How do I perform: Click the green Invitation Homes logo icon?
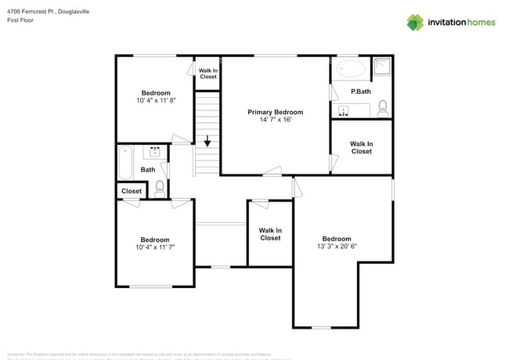pos(415,22)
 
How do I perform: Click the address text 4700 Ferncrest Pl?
pos(35,11)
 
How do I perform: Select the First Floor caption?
pos(20,20)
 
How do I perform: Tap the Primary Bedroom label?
pos(275,113)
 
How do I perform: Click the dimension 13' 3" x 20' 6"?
pos(337,247)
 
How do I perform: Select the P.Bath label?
pos(361,92)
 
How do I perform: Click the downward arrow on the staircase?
pos(208,142)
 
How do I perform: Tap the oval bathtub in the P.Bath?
pos(350,69)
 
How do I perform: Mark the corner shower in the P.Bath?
pos(381,68)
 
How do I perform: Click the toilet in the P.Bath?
pos(383,108)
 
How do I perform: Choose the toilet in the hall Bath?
pos(160,188)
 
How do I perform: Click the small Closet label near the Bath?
pos(132,191)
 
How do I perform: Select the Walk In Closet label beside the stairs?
pos(208,74)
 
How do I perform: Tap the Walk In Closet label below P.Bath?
pos(361,147)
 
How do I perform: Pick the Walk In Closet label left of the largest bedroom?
pos(270,234)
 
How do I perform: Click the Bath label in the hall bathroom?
pos(148,170)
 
